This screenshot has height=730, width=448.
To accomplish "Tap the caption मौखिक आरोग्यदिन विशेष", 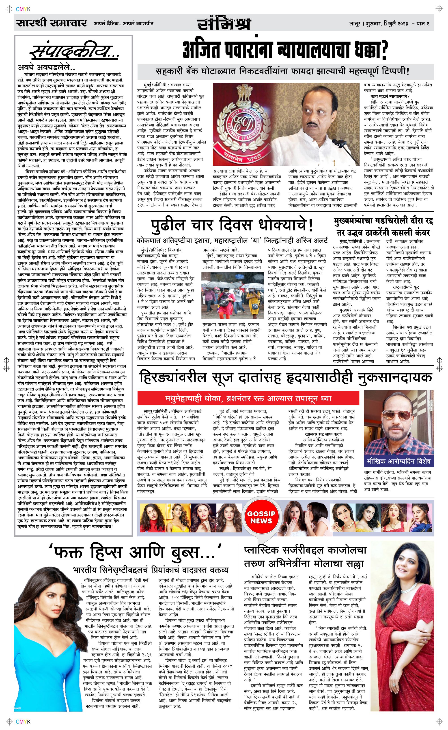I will tap(398, 461).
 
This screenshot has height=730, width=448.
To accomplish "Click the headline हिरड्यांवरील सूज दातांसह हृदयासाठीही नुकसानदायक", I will tap(286, 378).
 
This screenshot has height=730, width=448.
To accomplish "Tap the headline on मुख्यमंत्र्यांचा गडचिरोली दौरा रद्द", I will tap(384, 226).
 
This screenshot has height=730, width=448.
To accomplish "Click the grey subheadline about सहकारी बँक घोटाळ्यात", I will tap(283, 72).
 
